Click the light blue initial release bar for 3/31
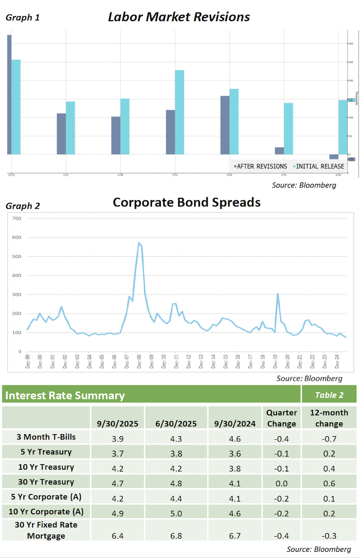(x=179, y=112)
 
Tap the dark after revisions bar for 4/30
(x=225, y=125)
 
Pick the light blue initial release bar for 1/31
(x=70, y=127)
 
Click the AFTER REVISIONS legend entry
(x=261, y=166)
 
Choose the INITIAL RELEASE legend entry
(x=319, y=166)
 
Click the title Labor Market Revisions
(x=179, y=17)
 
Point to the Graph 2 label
(x=23, y=206)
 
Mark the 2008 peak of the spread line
(x=139, y=242)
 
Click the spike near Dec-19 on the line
(x=278, y=294)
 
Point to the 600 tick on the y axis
(x=16, y=237)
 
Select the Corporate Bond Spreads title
(x=186, y=202)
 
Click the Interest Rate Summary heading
(x=65, y=396)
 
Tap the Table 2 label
(x=329, y=395)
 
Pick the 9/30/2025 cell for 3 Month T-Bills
(x=118, y=437)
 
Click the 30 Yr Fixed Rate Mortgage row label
(x=46, y=531)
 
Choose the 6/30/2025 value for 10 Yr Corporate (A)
(x=176, y=512)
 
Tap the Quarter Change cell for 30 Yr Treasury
(x=281, y=482)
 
